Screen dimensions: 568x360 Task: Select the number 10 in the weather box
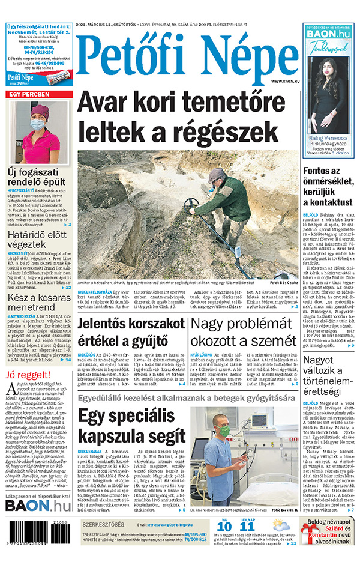224,527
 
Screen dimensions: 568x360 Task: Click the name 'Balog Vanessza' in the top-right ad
327,139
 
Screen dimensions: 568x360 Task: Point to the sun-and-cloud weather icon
282,525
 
